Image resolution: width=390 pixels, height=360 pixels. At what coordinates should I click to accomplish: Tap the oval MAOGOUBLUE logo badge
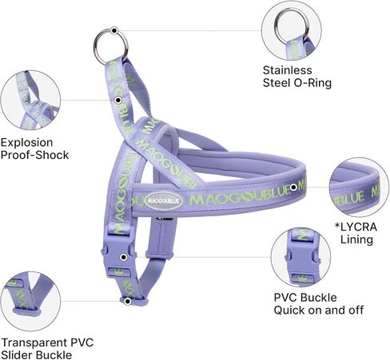[164, 201]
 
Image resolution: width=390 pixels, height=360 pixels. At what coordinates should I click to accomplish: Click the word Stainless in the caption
[287, 70]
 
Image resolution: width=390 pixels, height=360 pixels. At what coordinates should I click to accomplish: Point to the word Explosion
[26, 143]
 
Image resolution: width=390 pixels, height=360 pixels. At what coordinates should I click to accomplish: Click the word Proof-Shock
[34, 155]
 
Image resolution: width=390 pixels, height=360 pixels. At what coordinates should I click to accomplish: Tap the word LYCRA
[359, 227]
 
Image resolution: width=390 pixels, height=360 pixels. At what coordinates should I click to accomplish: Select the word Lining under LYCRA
[356, 239]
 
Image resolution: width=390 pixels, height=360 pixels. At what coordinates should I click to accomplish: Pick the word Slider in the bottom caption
[18, 355]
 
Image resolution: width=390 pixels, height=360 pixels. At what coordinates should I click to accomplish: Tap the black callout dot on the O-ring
[114, 30]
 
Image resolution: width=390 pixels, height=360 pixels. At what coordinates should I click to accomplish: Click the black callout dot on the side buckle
[123, 257]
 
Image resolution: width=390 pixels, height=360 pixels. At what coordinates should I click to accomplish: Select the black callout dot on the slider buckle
[128, 302]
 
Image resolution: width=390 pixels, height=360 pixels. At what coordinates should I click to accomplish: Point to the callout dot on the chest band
[293, 188]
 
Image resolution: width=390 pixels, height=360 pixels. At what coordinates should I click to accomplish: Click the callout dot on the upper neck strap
[118, 101]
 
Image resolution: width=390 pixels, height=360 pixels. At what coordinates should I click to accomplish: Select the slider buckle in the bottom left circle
[26, 311]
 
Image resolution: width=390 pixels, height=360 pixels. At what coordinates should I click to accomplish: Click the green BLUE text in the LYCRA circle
[349, 198]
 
